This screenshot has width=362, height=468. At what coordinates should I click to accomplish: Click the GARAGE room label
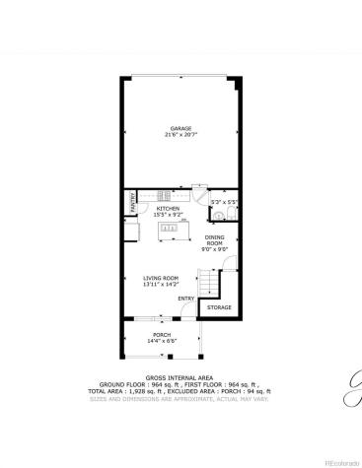click(x=180, y=128)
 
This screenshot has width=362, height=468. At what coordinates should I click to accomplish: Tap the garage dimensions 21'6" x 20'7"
click(x=180, y=135)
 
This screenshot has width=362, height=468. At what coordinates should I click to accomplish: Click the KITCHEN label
click(x=169, y=209)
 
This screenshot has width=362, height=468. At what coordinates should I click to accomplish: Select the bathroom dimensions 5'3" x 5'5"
click(x=226, y=202)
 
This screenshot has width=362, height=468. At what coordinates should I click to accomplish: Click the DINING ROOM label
click(x=215, y=241)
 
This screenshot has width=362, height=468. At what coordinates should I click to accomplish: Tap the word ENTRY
click(x=185, y=299)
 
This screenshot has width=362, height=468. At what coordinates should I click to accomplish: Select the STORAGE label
click(x=219, y=308)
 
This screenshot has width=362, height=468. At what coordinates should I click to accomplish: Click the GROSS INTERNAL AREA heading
click(x=181, y=377)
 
